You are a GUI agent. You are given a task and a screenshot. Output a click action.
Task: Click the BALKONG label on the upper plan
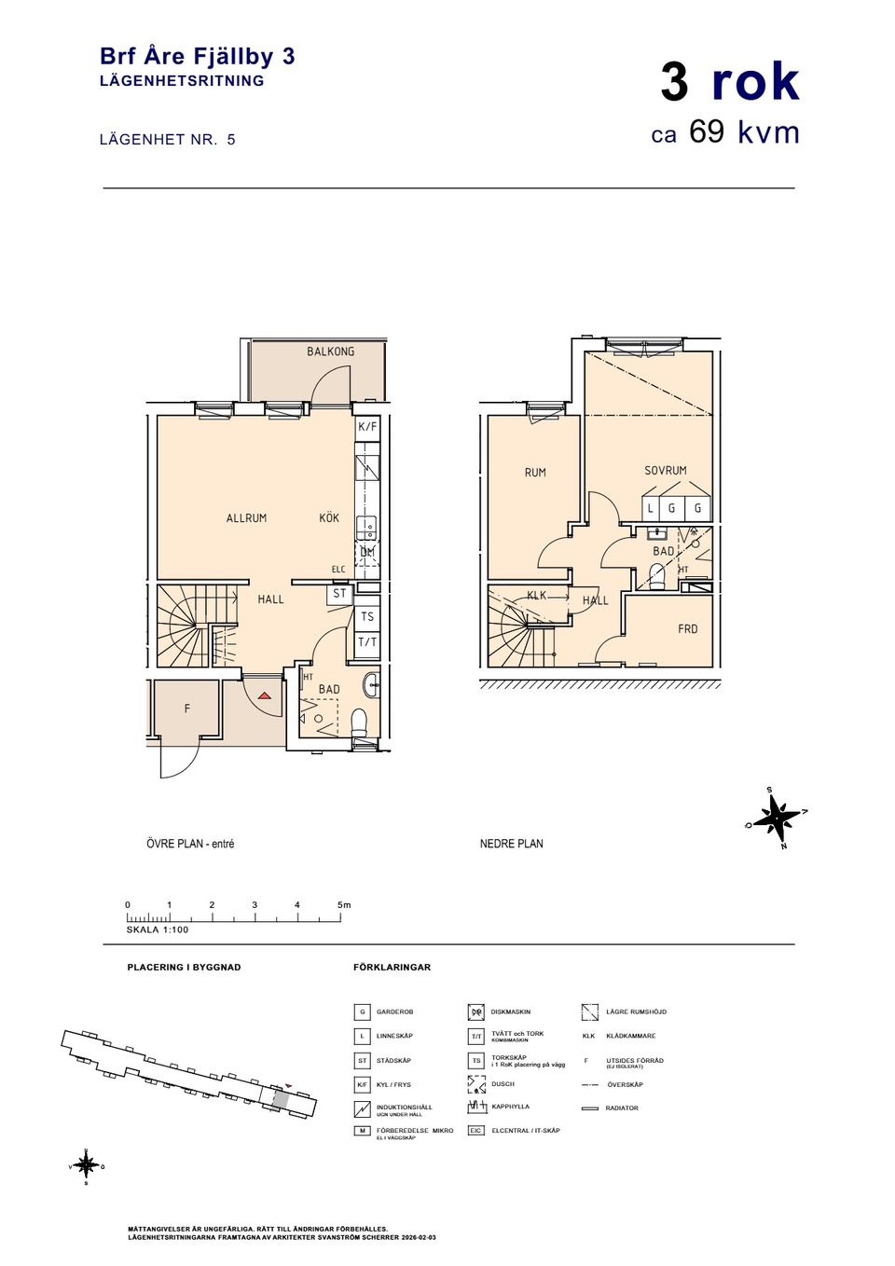[330, 351]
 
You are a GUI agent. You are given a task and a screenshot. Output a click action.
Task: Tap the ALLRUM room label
[246, 518]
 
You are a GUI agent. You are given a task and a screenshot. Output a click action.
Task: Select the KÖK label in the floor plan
[329, 518]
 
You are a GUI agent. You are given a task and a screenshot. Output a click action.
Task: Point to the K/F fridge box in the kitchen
[367, 427]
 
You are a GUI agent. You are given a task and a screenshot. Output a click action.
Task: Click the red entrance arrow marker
[265, 695]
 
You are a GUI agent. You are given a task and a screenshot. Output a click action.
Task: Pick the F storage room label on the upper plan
[186, 709]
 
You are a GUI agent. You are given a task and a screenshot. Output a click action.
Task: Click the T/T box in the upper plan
[367, 642]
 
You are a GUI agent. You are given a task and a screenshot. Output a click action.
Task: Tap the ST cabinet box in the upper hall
[339, 594]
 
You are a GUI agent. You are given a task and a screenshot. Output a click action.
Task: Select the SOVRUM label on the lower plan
[665, 471]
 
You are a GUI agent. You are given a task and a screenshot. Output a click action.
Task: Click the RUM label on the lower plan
[535, 473]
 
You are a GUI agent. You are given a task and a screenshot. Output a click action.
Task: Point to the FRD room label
[687, 629]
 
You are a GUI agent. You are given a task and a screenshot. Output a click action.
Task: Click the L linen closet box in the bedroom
[651, 509]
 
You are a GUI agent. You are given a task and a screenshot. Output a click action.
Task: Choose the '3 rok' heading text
[730, 82]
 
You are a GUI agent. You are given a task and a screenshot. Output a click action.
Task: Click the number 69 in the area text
[707, 132]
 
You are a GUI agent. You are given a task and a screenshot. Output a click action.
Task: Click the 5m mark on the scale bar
[342, 905]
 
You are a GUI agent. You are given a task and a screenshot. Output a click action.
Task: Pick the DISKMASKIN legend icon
[475, 1012]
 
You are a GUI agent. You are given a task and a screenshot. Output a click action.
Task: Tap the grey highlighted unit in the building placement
[280, 1098]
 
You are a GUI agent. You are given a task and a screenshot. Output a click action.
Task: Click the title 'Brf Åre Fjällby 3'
[197, 57]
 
